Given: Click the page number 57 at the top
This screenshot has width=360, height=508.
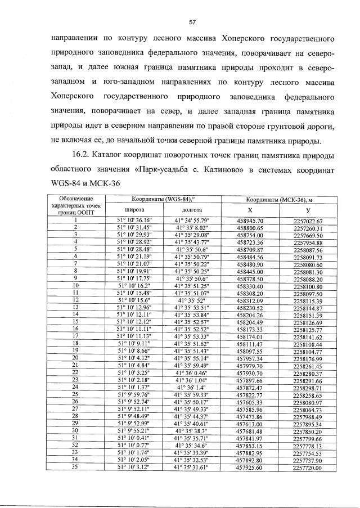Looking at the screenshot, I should pyautogui.click(x=192, y=22).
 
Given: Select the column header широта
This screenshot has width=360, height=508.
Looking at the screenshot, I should pyautogui.click(x=130, y=209).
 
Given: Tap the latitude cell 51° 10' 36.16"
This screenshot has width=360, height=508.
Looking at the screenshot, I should pyautogui.click(x=130, y=220).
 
